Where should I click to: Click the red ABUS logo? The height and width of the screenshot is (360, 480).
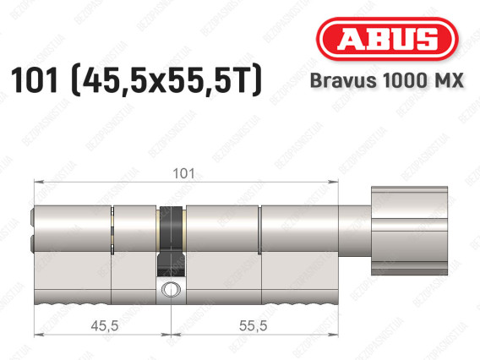click(x=387, y=39)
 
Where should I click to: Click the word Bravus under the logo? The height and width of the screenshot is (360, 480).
click(x=343, y=80)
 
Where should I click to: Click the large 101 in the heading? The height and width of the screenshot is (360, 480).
click(x=35, y=80)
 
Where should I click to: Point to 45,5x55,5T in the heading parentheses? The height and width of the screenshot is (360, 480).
click(x=166, y=80)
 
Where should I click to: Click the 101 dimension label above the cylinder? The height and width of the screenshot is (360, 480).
click(x=183, y=173)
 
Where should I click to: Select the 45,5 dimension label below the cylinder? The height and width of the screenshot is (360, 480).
click(x=105, y=325)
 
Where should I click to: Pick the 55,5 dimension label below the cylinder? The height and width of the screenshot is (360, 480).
click(x=254, y=325)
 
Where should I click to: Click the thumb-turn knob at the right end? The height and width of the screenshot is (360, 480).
click(x=409, y=231)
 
